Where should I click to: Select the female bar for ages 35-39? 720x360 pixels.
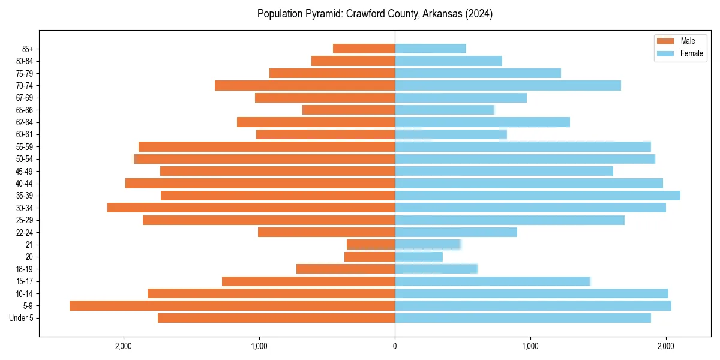point(538,196)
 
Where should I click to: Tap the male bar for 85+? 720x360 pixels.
point(364,49)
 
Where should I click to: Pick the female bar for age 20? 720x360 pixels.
point(419,257)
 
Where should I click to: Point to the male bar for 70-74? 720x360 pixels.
point(305,85)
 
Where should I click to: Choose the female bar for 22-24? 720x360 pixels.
point(456,232)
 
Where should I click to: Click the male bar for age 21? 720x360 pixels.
point(371,244)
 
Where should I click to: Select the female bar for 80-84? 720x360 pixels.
point(448,61)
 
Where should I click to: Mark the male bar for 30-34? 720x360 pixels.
point(251,208)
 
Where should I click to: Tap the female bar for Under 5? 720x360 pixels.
point(523,318)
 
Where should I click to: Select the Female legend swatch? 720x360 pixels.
point(666,53)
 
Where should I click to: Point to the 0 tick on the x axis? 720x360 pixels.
point(395,346)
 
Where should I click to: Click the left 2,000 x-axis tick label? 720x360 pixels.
point(124,346)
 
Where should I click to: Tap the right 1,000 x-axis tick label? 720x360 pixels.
point(530,346)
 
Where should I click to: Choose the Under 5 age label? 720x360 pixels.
point(21,318)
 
